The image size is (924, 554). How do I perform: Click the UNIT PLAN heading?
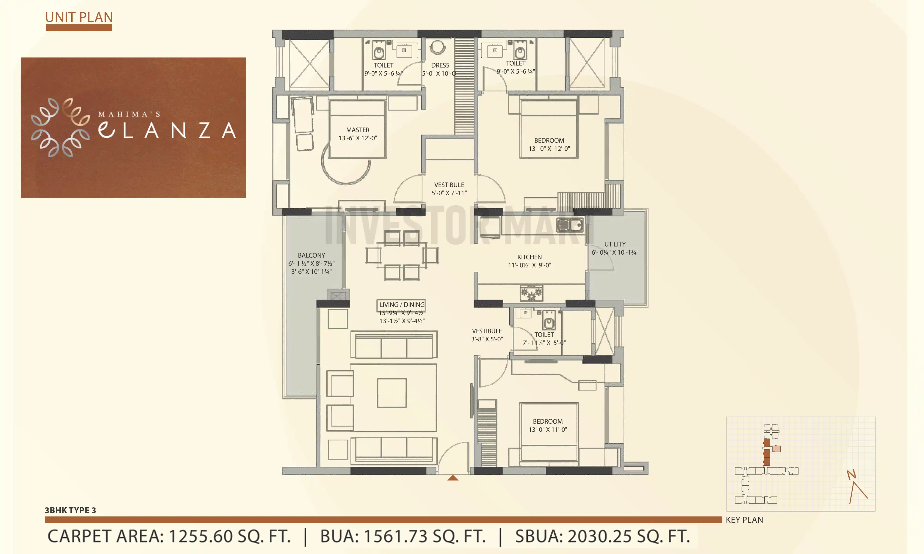pyautogui.click(x=79, y=17)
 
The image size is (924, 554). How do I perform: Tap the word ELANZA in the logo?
pyautogui.click(x=167, y=130)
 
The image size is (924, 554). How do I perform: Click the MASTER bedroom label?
pyautogui.click(x=357, y=130)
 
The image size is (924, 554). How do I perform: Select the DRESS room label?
pyautogui.click(x=440, y=65)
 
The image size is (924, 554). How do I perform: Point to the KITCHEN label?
pyautogui.click(x=529, y=257)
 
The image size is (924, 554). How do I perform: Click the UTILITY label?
pyautogui.click(x=615, y=244)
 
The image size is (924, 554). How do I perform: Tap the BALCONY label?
pyautogui.click(x=311, y=255)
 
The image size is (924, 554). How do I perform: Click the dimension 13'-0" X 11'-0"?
pyautogui.click(x=547, y=429)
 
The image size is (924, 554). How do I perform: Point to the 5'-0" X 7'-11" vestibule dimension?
pyautogui.click(x=449, y=193)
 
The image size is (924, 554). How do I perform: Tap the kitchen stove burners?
pyautogui.click(x=531, y=293)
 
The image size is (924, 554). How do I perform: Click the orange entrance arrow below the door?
pyautogui.click(x=453, y=478)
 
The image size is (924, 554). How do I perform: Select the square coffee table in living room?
pyautogui.click(x=391, y=393)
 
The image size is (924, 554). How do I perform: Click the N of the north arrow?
pyautogui.click(x=851, y=475)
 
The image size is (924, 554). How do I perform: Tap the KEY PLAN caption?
pyautogui.click(x=744, y=520)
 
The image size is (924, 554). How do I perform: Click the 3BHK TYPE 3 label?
pyautogui.click(x=70, y=510)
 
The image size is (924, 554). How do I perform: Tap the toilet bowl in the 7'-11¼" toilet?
pyautogui.click(x=549, y=322)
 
